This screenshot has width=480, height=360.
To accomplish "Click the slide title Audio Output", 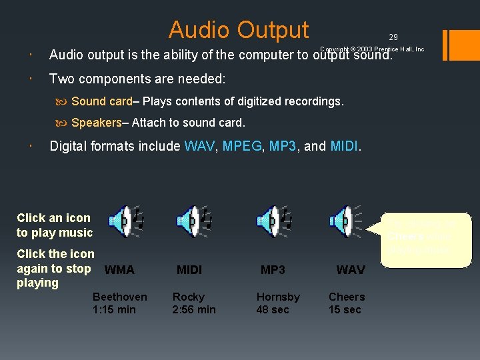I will coord(239,30).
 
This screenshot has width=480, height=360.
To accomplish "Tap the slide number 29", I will coord(393,37).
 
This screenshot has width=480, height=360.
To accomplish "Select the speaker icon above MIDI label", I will coord(193,221).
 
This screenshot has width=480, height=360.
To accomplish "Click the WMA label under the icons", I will coord(119,270).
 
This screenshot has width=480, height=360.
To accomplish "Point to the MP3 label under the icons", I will coord(273,270).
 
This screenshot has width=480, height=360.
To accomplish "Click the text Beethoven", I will coord(120,297).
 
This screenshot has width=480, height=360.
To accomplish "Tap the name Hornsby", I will coord(278,297).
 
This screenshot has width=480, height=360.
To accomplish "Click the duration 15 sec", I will coord(345,309).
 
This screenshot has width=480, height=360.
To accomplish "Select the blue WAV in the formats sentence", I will coord(199,146).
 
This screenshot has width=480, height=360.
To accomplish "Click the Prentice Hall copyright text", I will coord(372,49).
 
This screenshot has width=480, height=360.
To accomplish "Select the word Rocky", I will coord(189,297).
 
